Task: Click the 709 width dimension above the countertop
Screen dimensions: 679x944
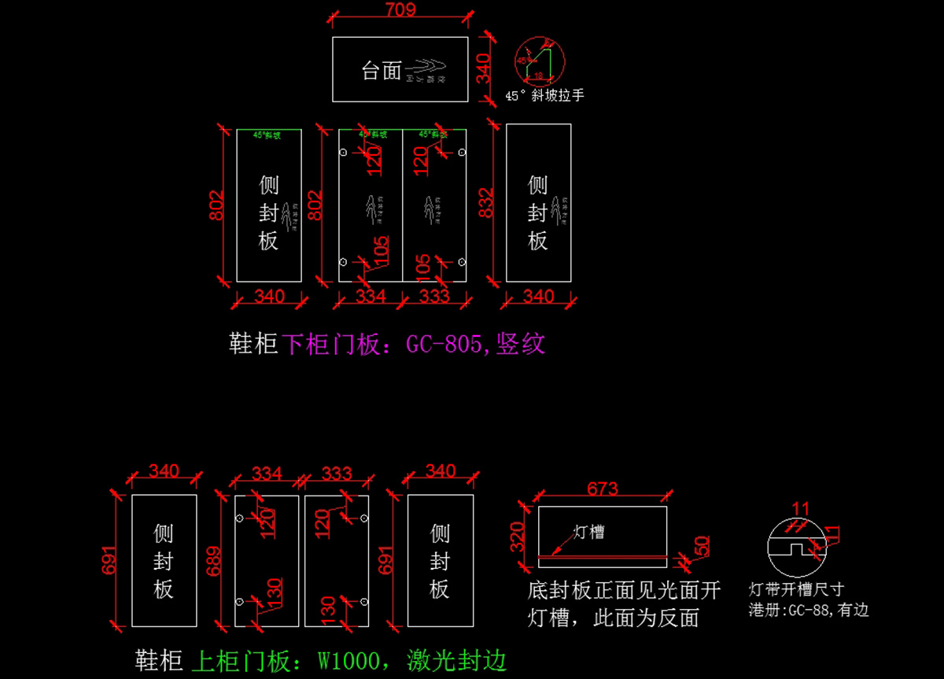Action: (x=400, y=9)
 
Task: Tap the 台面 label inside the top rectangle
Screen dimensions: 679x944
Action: (x=382, y=71)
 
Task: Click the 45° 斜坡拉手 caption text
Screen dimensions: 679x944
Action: (x=544, y=95)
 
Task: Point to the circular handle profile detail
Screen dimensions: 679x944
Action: (x=540, y=59)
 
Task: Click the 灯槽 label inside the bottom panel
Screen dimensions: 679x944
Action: (x=589, y=532)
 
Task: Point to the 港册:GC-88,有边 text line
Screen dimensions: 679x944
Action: (x=809, y=610)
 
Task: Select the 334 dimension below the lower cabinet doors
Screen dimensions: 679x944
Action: (x=371, y=297)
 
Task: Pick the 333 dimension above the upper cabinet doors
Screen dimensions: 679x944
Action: (x=337, y=473)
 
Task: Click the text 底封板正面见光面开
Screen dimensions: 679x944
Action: (x=623, y=591)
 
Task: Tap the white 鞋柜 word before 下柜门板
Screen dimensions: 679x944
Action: (x=253, y=344)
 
